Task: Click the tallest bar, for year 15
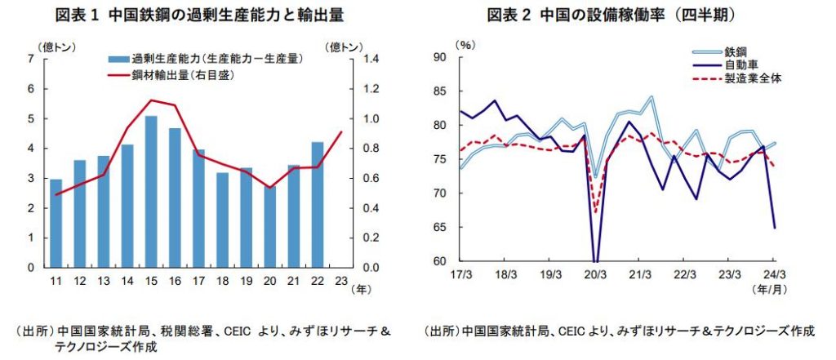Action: coord(151,192)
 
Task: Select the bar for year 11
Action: coord(56,223)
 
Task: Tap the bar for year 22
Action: coord(318,204)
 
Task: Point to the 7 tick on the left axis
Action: coord(30,59)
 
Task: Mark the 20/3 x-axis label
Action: coord(595,275)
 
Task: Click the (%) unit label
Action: coord(465,42)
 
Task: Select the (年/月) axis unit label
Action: coord(771,287)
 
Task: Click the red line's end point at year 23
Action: coord(341,132)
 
